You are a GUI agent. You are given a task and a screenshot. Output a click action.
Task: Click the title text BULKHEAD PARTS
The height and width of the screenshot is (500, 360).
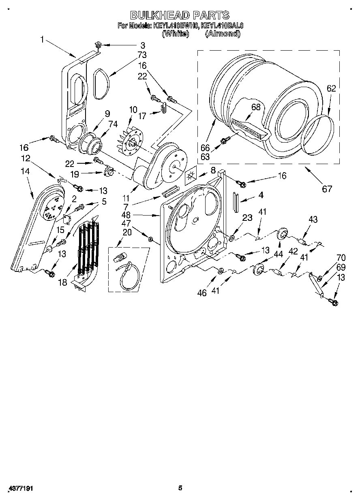tap(180, 15)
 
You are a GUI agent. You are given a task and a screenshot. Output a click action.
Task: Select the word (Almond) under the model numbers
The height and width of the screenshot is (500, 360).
tap(223, 34)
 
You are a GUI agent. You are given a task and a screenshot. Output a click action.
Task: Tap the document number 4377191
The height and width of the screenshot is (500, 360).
tap(20, 488)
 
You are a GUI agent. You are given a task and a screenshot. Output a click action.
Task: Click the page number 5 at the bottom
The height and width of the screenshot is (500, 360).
tap(180, 488)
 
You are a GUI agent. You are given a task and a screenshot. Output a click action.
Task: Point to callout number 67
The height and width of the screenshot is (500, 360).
tap(327, 188)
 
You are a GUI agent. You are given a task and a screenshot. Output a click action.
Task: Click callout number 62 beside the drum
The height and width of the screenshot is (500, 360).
tap(331, 88)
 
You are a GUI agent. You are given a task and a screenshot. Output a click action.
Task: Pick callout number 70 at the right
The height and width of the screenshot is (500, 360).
tap(341, 257)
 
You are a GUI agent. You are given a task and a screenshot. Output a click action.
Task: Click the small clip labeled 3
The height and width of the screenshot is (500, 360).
tap(98, 45)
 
